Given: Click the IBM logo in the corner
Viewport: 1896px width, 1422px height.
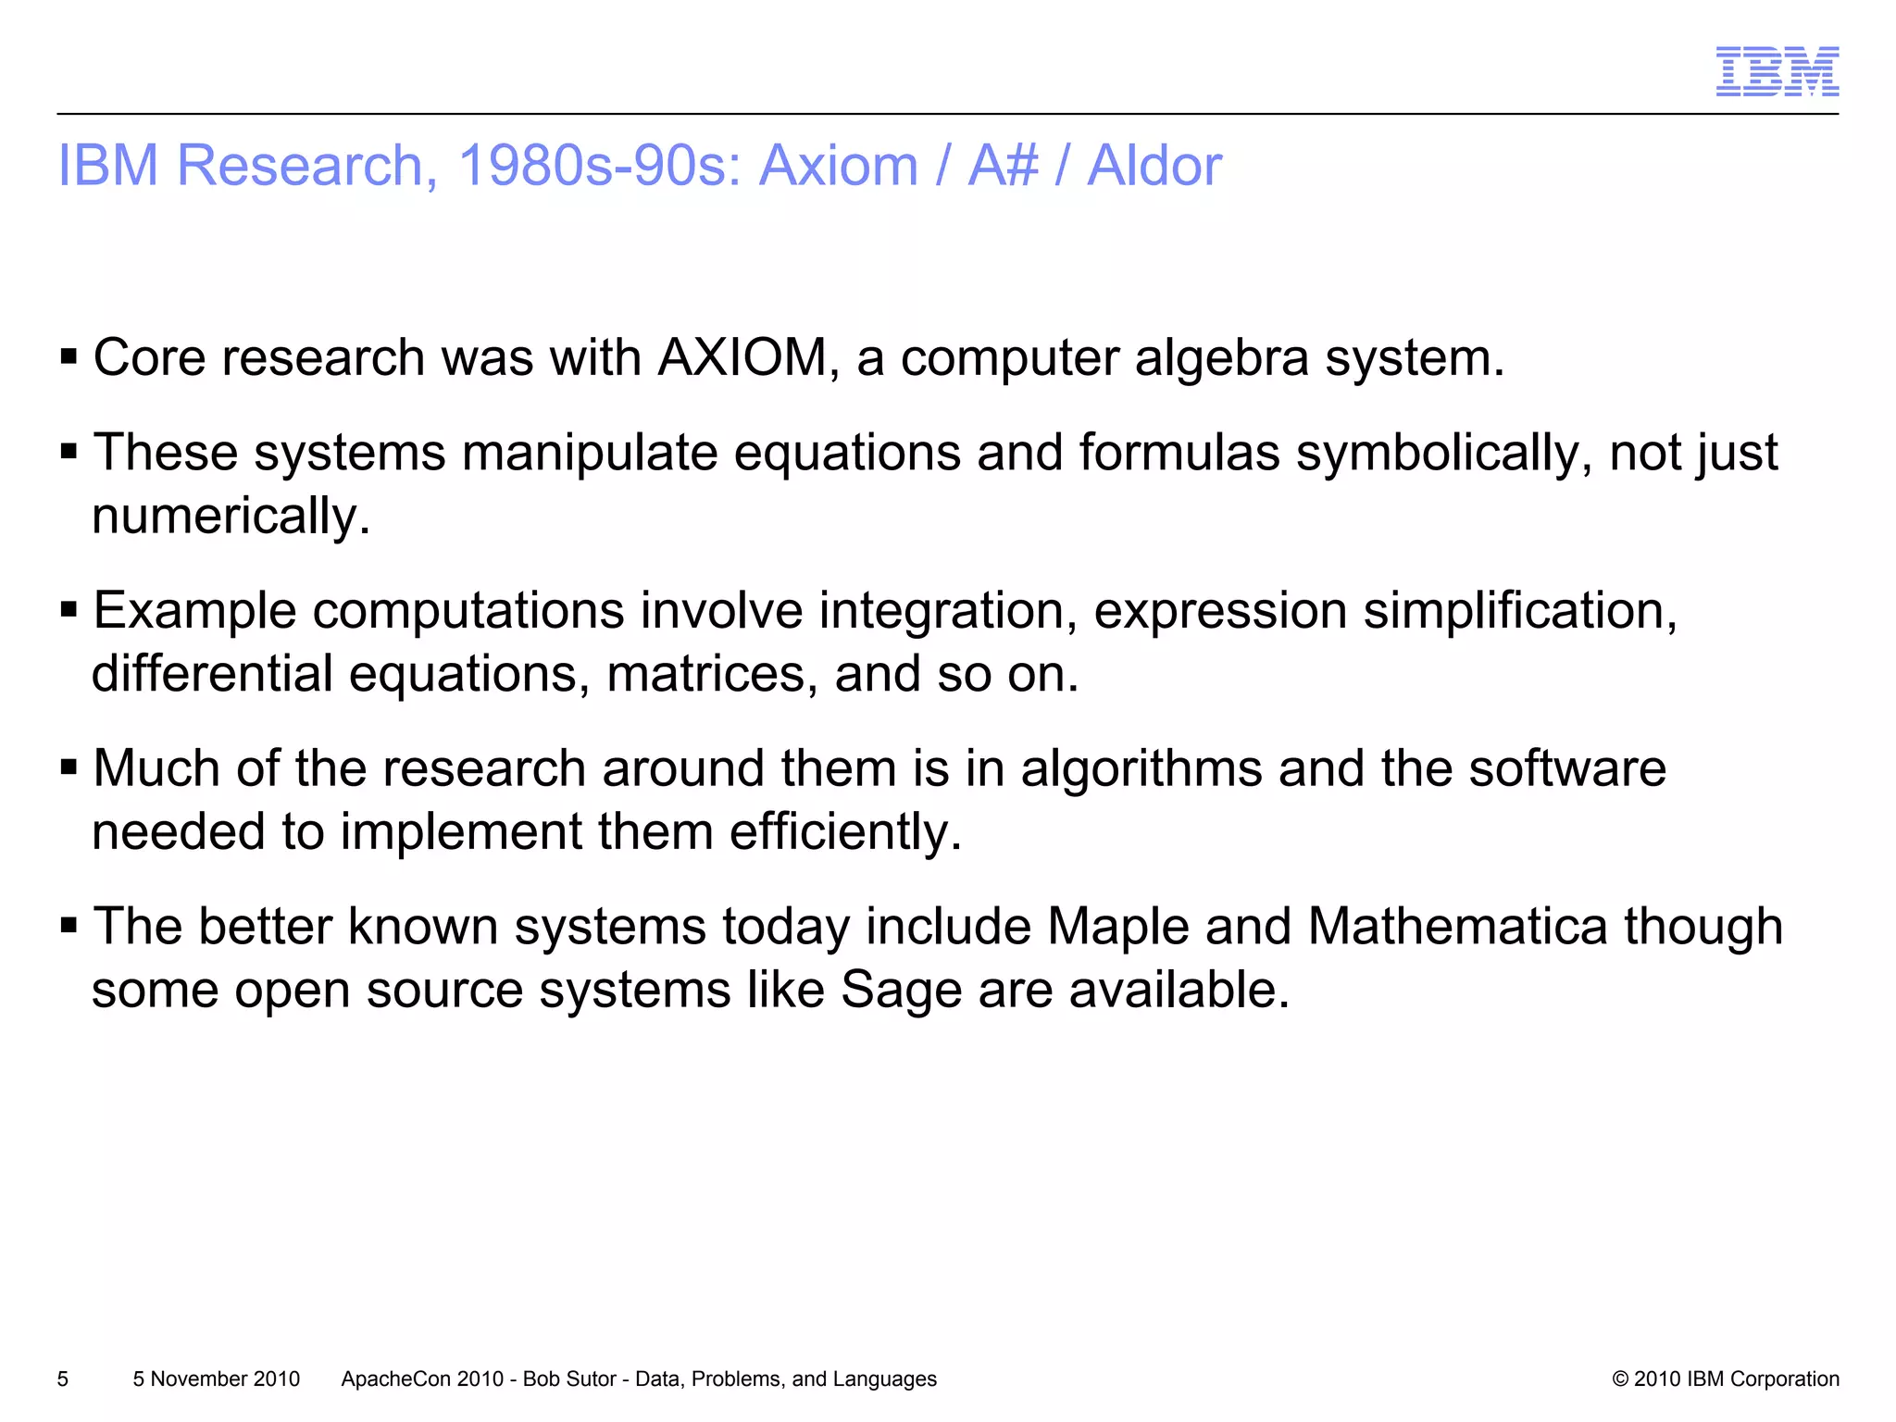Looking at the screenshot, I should point(1777,71).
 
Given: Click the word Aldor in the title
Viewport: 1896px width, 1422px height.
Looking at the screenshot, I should point(1154,166).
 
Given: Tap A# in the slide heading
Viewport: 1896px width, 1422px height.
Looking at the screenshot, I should point(1003,166).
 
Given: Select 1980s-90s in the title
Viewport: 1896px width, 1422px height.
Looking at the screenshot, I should point(599,166).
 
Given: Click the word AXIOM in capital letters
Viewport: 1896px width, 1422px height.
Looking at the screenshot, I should point(742,357).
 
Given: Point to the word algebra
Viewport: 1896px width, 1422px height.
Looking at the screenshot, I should point(1221,357).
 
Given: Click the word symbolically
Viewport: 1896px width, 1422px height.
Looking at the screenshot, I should point(1443,454).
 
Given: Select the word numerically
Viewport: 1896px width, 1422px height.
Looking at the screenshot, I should point(231,516).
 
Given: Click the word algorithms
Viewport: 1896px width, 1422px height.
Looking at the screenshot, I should point(1141,768).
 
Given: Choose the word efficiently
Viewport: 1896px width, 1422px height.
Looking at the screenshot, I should point(845,831).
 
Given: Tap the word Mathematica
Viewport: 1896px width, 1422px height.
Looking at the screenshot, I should point(1457,926).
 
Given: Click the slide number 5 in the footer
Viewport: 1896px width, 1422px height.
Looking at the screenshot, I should point(63,1378).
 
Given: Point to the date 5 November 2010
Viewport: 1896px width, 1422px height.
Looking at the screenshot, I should point(217,1378).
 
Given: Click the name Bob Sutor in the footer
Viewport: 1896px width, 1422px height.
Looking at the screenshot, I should point(568,1378).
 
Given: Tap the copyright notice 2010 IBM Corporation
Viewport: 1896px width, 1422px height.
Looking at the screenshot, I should point(1726,1378).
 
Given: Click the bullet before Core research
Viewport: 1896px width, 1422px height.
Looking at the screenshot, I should point(68,357).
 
